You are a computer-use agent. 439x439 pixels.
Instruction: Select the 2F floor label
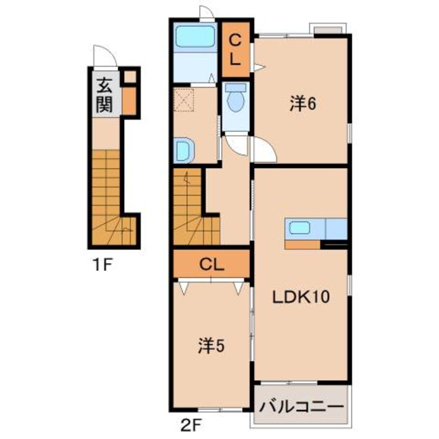pos(191,425)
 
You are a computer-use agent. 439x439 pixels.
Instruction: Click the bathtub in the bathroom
pos(195,36)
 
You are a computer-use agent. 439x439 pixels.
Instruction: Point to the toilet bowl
pos(235,98)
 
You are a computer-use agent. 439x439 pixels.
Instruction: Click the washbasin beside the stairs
pos(184,150)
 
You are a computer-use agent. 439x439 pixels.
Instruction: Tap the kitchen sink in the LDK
pos(299,227)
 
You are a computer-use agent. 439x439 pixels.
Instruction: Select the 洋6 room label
pos(303,104)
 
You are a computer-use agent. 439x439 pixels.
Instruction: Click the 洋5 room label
pos(211,346)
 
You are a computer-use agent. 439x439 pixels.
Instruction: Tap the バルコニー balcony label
pos(301,406)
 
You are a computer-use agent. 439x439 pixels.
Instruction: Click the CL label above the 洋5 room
pos(212,264)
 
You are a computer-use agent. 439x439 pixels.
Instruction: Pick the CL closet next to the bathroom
pos(236,50)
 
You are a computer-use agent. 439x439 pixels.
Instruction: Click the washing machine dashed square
pos(184,100)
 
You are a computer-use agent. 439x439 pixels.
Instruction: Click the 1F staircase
pos(114,198)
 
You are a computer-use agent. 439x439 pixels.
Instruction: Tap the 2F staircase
pos(196,207)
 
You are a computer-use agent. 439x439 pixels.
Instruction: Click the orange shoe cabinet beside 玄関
pos(129,101)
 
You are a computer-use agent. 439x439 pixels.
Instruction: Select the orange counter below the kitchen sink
pos(303,245)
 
